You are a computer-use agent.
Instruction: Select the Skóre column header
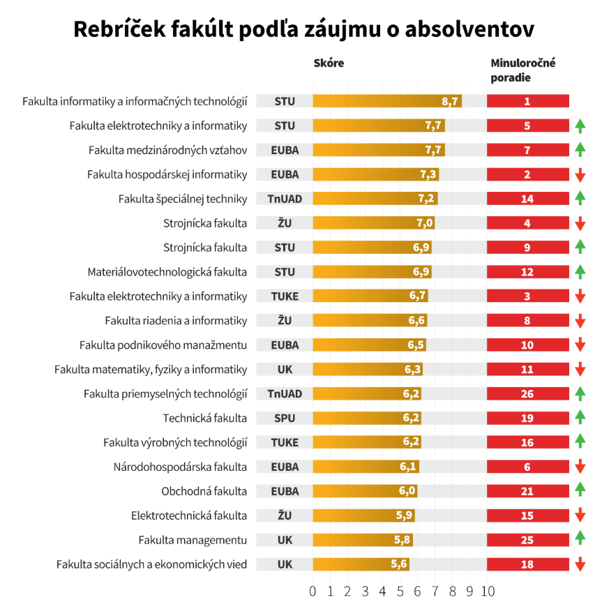(329, 63)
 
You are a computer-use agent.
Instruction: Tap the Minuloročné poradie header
(522, 70)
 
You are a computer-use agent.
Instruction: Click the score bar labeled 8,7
(387, 101)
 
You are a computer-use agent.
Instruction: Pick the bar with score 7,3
(375, 174)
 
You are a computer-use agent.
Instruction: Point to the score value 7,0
(425, 223)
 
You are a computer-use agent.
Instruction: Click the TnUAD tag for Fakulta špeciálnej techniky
(285, 199)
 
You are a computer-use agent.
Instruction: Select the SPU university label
(285, 419)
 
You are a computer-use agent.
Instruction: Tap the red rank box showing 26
(527, 394)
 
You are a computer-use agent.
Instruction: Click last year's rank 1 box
(527, 101)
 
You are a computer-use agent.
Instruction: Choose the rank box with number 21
(527, 492)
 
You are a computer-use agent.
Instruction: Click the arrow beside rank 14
(580, 199)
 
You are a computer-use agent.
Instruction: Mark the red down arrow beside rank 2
(580, 174)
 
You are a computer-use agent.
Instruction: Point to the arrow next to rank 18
(580, 565)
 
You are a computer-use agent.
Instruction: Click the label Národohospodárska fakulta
(180, 467)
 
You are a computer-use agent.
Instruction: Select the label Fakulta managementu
(193, 541)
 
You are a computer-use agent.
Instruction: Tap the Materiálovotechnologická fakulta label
(167, 272)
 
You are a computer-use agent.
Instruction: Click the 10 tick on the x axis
(487, 592)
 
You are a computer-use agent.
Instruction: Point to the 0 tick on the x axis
(313, 592)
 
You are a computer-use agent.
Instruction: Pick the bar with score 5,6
(361, 565)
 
